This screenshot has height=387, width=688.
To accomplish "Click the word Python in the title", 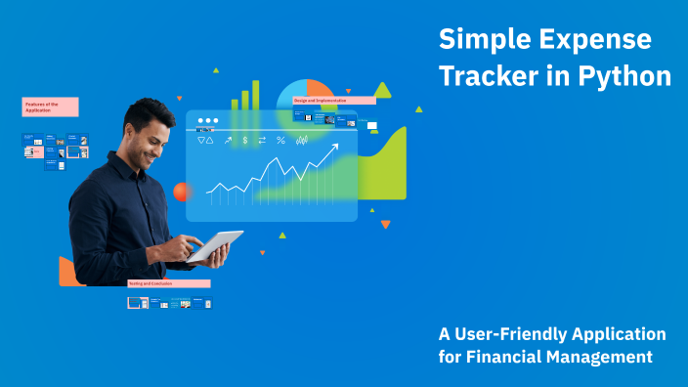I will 624,76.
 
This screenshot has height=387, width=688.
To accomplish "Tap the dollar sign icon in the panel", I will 245,141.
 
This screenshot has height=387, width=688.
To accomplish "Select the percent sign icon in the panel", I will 280,141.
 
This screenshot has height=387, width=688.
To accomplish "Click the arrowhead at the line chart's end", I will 334,148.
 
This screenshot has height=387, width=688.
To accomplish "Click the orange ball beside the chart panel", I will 181,192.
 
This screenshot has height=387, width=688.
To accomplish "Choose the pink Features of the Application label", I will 50,107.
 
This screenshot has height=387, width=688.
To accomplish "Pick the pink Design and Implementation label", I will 333,100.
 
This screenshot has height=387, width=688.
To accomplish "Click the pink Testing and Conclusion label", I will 168,283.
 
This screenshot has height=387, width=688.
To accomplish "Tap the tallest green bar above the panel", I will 256,94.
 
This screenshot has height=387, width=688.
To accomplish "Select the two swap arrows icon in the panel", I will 262,141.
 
